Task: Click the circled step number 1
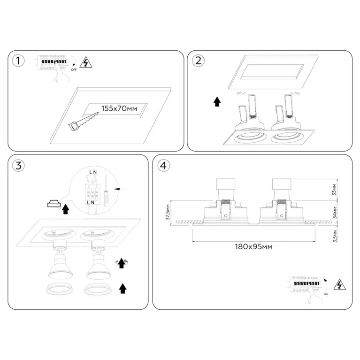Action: (x=18, y=61)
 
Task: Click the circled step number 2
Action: (x=198, y=61)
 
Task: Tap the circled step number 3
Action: (x=18, y=165)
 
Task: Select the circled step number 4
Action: (x=163, y=165)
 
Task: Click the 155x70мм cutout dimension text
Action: (x=119, y=108)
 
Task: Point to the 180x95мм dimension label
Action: (x=254, y=247)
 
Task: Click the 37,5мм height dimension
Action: (x=168, y=212)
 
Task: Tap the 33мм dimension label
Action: (x=334, y=190)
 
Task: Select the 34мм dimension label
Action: (x=335, y=212)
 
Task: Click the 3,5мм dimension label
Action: (x=335, y=236)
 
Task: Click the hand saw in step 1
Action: (x=84, y=122)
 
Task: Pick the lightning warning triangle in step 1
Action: (x=86, y=62)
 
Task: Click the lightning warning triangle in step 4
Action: (x=339, y=284)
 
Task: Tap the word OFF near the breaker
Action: (x=74, y=70)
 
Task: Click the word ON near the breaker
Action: (x=326, y=294)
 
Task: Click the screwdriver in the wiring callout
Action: (x=106, y=191)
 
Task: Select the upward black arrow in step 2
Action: (x=217, y=102)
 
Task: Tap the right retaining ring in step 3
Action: (x=98, y=290)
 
